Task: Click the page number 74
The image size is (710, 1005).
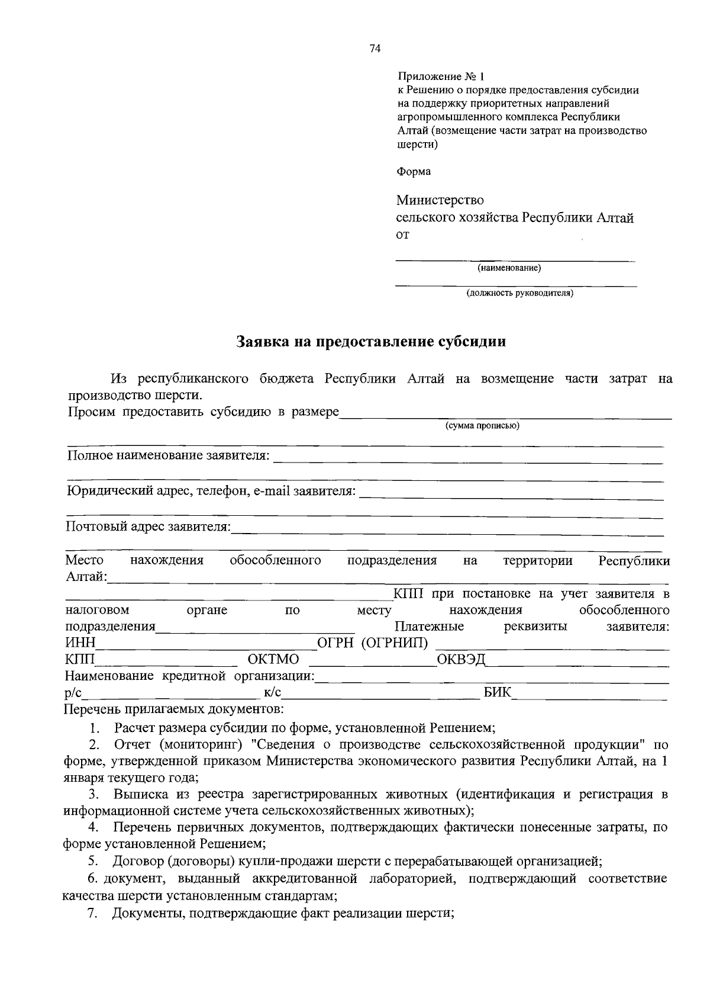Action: [x=375, y=49]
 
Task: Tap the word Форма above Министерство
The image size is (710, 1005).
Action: [x=414, y=172]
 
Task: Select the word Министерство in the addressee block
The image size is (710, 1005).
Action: [x=440, y=201]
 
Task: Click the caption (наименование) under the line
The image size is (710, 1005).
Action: [x=509, y=268]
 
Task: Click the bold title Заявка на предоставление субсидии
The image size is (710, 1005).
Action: [x=371, y=342]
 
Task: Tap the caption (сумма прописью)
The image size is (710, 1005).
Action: [x=482, y=426]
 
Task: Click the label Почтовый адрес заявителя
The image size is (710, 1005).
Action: [x=148, y=526]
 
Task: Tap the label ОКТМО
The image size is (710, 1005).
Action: [x=273, y=660]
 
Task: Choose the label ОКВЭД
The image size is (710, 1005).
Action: [x=461, y=660]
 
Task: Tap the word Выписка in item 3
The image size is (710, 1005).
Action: [x=140, y=795]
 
